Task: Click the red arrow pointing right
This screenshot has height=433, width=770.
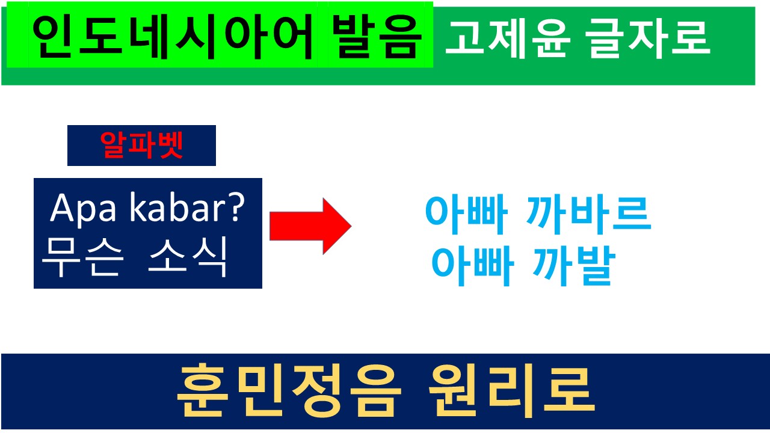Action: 310,226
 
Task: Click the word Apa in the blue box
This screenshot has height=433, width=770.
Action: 83,209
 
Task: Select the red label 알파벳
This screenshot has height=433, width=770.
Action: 141,146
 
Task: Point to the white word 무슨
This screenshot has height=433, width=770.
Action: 82,257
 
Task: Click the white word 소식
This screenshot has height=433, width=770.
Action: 188,257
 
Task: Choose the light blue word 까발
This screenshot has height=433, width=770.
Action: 574,266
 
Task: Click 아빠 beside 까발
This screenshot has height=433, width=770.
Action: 473,266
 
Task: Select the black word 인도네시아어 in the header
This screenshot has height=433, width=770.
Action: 172,37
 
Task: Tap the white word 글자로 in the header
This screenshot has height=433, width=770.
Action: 648,39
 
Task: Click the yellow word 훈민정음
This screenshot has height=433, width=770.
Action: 289,391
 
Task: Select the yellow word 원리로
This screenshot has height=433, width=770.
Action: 511,391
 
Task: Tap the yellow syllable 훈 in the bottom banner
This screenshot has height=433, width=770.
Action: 203,391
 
